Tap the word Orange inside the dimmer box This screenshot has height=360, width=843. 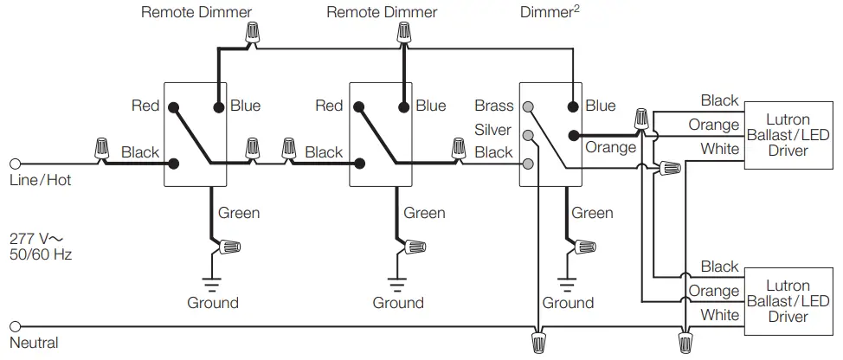coord(610,147)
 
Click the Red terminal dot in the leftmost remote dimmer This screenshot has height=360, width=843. coord(173,107)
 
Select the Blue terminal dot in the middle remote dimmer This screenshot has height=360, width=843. coord(403,107)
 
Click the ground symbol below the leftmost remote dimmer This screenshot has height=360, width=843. coord(212,281)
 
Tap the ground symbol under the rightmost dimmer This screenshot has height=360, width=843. coord(567,281)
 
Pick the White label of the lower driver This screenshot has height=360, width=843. coord(719,315)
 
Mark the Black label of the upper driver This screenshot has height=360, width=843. coord(719,101)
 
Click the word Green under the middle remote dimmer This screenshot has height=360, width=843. coord(424,213)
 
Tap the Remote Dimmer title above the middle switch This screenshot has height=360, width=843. coord(382,12)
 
